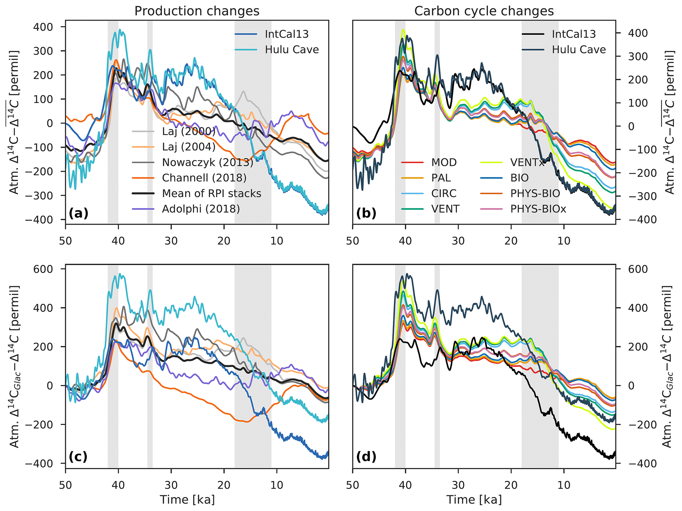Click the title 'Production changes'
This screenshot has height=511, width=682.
(197, 11)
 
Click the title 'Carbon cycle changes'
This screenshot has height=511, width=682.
(484, 11)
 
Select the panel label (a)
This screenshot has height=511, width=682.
(79, 214)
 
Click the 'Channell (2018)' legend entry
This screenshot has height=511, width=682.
(204, 178)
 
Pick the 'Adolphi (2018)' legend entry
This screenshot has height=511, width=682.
(201, 209)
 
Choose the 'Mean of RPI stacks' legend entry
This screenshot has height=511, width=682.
(211, 193)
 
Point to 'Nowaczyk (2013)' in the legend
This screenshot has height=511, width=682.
(208, 162)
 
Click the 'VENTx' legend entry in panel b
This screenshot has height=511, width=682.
(527, 162)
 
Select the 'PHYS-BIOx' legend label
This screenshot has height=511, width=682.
(538, 209)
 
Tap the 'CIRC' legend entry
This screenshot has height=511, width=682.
(443, 193)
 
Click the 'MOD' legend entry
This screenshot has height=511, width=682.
(444, 162)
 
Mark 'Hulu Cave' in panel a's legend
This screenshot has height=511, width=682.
(292, 50)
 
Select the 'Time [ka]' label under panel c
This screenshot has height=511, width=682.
(187, 500)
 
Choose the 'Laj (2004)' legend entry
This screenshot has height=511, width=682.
(188, 147)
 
